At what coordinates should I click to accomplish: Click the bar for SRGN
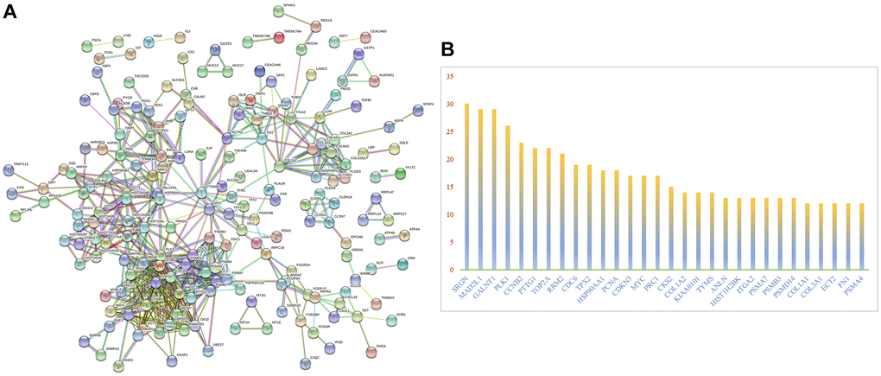(x=466, y=187)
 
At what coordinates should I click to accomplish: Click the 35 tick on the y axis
(x=448, y=76)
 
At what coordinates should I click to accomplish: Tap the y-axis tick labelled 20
(x=448, y=160)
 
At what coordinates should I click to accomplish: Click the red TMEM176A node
(x=279, y=36)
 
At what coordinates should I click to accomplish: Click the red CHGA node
(x=371, y=351)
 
